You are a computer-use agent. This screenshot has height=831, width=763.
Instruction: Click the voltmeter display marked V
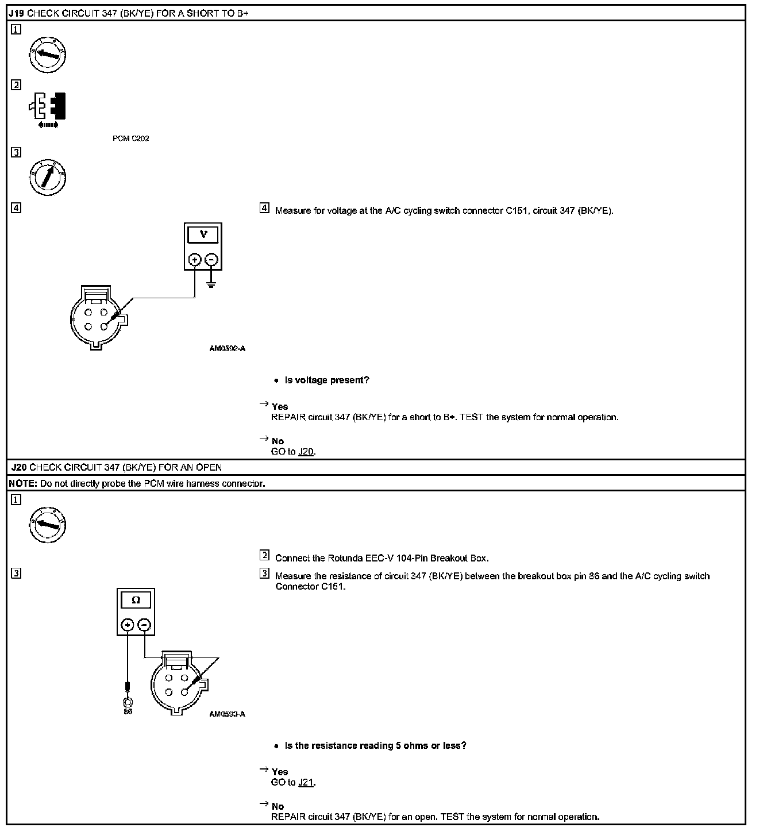203,235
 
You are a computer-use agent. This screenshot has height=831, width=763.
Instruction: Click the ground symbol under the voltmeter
211,283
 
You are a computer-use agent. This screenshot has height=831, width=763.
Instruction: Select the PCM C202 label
131,138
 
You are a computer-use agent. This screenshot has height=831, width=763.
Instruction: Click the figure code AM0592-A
228,349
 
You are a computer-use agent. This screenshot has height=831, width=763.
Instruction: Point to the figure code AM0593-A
228,714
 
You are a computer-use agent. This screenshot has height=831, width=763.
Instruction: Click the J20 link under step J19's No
306,452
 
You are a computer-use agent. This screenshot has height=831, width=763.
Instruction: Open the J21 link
306,782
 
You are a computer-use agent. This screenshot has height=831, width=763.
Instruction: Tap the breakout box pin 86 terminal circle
128,702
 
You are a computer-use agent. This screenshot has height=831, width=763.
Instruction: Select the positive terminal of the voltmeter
195,260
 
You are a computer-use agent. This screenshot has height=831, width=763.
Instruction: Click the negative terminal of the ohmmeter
145,625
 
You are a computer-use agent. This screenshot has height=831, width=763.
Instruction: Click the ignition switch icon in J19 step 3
48,177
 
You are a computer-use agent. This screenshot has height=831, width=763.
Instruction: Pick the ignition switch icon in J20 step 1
48,525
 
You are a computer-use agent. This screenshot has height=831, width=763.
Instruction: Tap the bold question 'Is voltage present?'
327,380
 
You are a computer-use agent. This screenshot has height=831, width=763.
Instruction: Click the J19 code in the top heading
17,13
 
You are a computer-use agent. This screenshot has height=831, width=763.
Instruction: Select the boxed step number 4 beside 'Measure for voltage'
264,208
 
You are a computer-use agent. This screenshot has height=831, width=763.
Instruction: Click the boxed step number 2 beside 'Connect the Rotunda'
264,555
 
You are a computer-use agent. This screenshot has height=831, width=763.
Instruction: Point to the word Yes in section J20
280,772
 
